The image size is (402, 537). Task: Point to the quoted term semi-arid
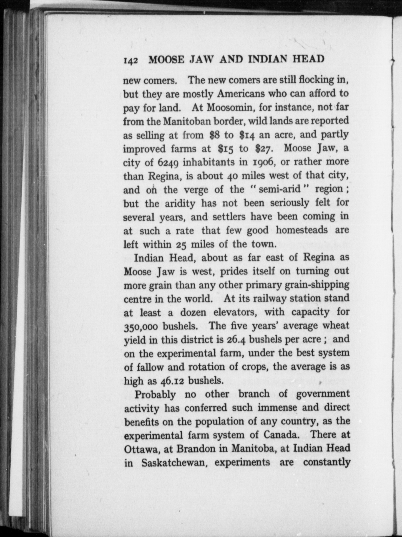280,189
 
